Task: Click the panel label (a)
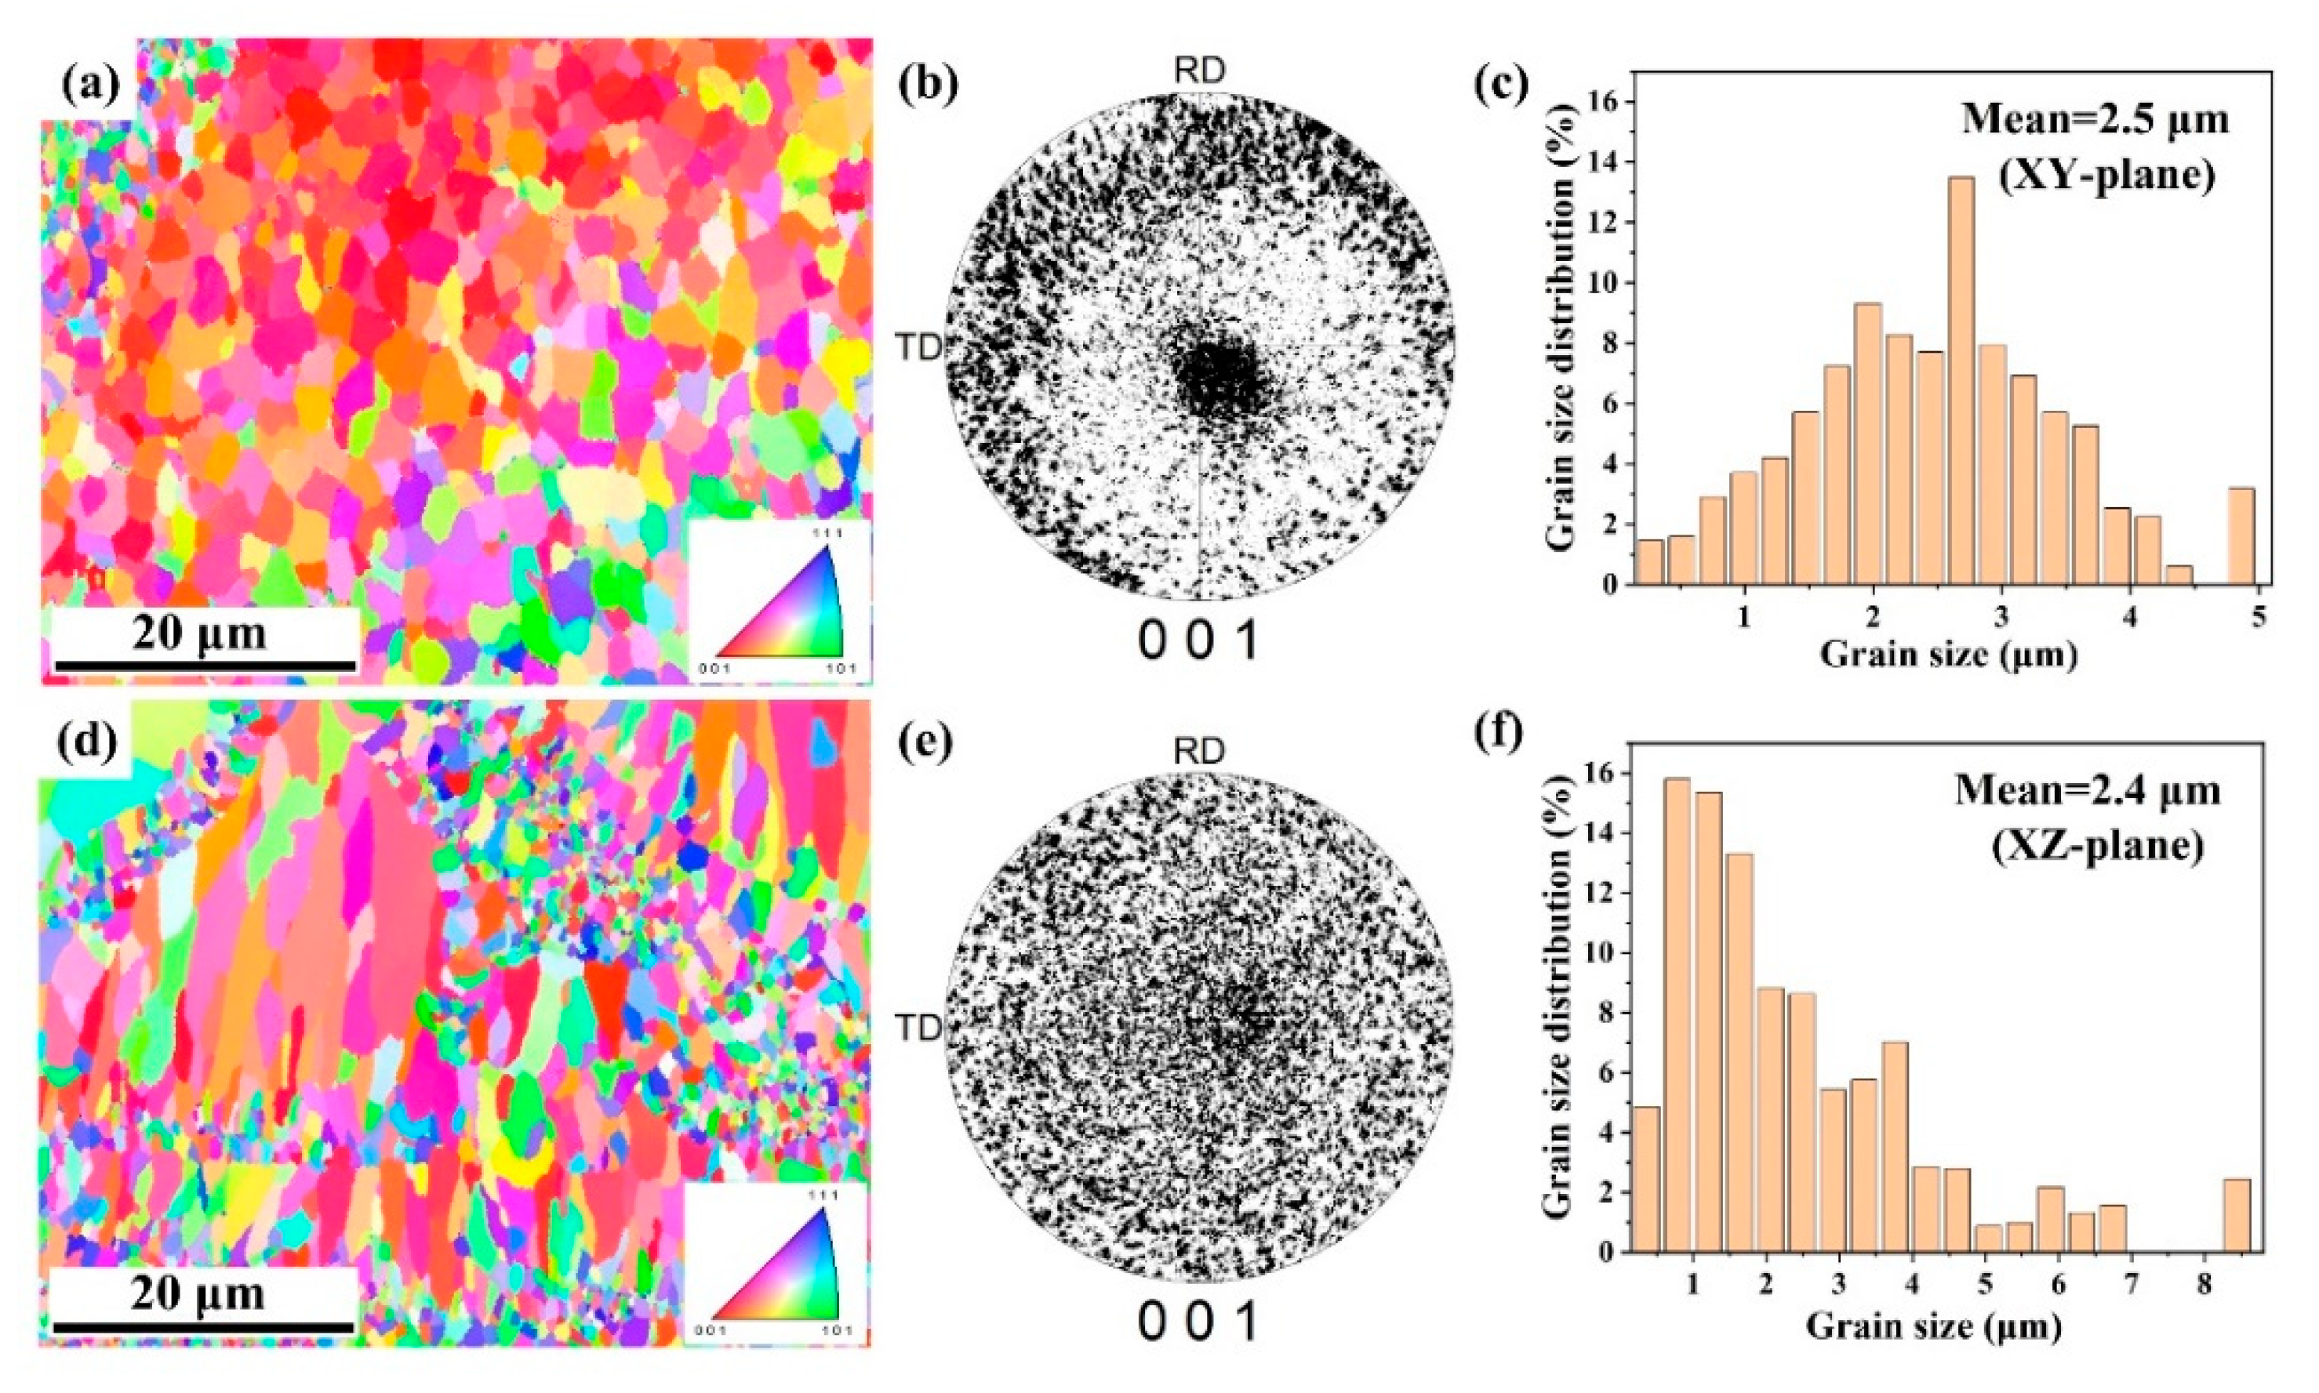coord(91,86)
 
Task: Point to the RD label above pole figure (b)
coord(1200,71)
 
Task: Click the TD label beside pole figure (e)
coord(918,1028)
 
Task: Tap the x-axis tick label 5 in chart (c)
coord(2259,618)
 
